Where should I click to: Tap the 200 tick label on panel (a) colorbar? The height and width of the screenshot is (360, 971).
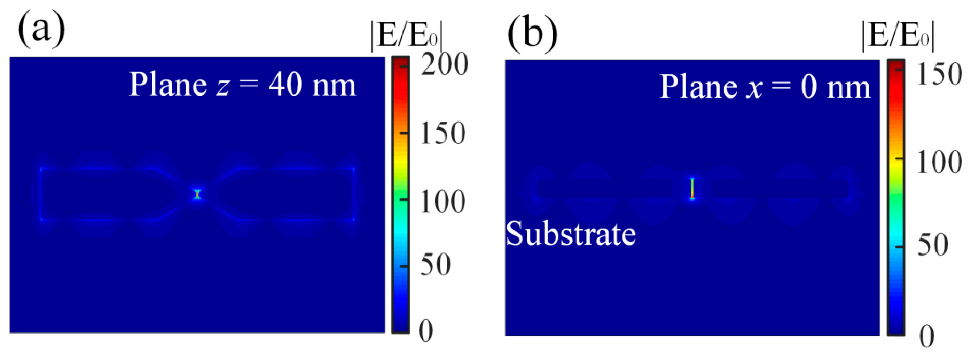pyautogui.click(x=444, y=64)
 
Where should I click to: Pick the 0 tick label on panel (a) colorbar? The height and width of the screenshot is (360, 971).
pyautogui.click(x=426, y=331)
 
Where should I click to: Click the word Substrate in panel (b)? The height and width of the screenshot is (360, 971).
pyautogui.click(x=571, y=234)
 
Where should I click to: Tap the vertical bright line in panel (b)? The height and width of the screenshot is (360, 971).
pyautogui.click(x=692, y=188)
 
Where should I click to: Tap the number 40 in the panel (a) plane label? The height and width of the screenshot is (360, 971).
pyautogui.click(x=285, y=85)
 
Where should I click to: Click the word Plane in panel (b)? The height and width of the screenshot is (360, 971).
pyautogui.click(x=698, y=87)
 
